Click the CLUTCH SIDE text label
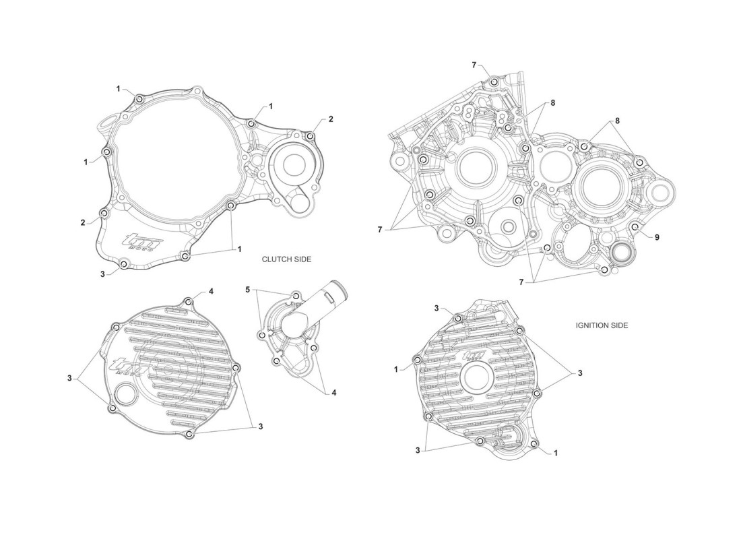[x=286, y=259]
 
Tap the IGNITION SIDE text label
[x=602, y=325]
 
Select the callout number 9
[x=656, y=237]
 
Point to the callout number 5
[x=248, y=289]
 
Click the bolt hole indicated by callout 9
[x=635, y=228]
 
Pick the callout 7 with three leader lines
[x=379, y=230]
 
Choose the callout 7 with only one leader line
[x=474, y=65]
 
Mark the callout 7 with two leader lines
[x=521, y=282]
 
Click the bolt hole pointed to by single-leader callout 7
[x=494, y=82]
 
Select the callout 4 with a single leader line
[x=211, y=291]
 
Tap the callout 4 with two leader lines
[x=333, y=392]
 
